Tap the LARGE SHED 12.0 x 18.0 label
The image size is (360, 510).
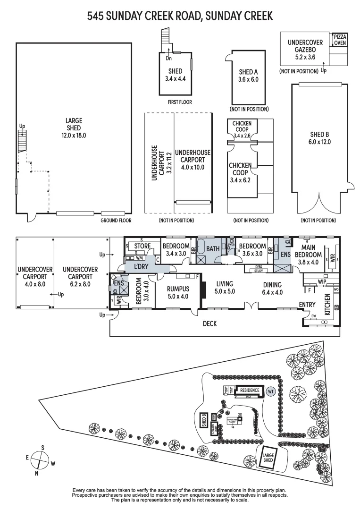[x=74, y=127]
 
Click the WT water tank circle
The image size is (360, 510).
[x=270, y=391]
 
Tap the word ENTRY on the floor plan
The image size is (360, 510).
[x=307, y=305]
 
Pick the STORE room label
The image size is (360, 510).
[x=142, y=246]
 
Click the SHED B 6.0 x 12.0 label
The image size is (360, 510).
[x=319, y=137]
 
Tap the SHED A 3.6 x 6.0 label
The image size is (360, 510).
[x=249, y=76]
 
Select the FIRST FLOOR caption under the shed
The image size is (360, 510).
[x=179, y=102]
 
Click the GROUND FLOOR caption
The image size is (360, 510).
[x=116, y=221]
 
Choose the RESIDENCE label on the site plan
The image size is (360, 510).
[x=250, y=391]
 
